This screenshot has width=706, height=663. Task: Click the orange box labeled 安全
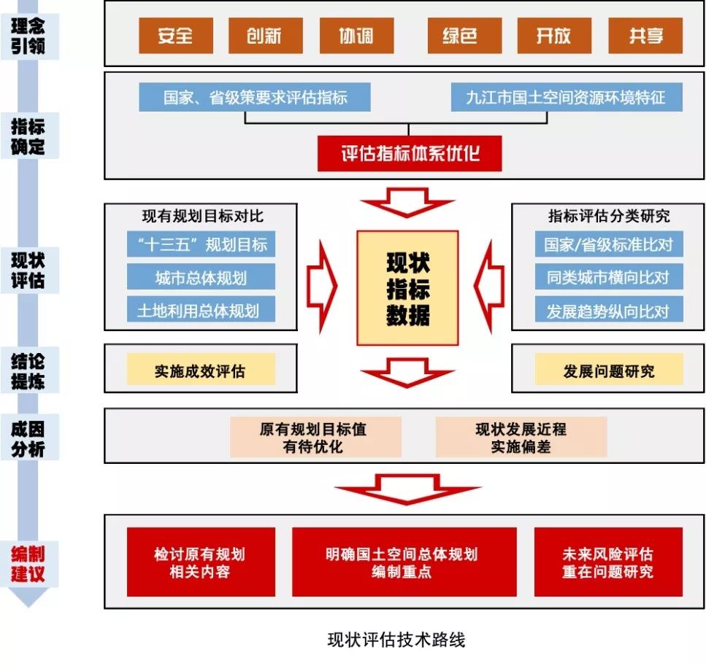[x=176, y=35]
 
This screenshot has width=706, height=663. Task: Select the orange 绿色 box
[x=460, y=35]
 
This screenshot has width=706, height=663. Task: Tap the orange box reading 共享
[x=645, y=35]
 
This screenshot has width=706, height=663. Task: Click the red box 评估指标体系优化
[x=410, y=154]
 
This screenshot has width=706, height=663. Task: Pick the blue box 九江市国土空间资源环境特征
[x=566, y=97]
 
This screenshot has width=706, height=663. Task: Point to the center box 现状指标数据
[x=407, y=288]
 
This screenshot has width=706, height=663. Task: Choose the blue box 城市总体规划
[x=201, y=277]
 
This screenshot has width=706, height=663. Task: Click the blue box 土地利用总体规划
[x=201, y=310]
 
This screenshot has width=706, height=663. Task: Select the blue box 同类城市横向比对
[x=608, y=277]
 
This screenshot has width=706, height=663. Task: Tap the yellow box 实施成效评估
[x=201, y=370]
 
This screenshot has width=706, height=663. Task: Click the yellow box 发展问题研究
[x=608, y=370]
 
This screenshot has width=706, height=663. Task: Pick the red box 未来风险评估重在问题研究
[x=608, y=562]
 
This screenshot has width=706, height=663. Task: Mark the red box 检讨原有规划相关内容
[x=201, y=562]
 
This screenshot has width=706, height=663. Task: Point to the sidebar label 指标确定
[x=28, y=136]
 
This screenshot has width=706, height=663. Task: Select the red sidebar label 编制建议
[x=28, y=562]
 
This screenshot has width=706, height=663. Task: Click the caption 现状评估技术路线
[x=396, y=640]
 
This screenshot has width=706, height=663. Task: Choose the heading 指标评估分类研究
[x=608, y=217]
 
